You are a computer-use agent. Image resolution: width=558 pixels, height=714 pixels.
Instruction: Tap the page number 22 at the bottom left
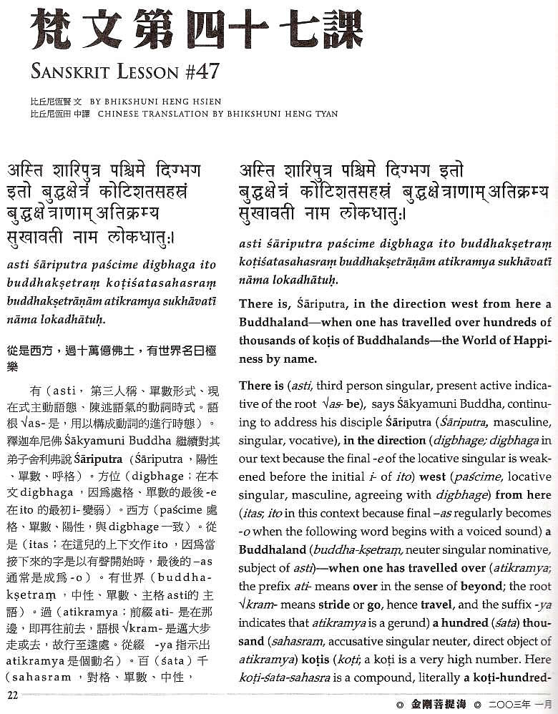coord(12,693)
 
